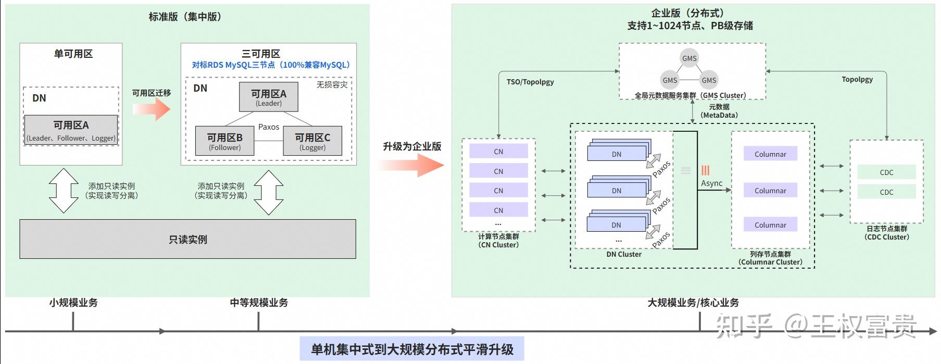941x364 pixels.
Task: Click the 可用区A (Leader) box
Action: click(x=269, y=97)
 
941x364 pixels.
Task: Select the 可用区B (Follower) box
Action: click(x=224, y=141)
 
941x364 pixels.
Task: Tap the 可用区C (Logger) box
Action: click(x=312, y=141)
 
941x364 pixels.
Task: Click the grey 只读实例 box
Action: click(x=187, y=240)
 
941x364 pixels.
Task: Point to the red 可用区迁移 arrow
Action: click(x=152, y=109)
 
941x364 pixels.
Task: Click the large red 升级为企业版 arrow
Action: click(x=411, y=166)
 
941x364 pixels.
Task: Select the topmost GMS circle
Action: click(x=689, y=58)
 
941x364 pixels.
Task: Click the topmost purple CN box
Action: click(x=498, y=152)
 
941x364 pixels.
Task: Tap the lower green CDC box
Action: click(x=886, y=192)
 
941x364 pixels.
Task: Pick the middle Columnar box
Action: click(x=770, y=191)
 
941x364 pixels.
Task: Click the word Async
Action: click(x=711, y=183)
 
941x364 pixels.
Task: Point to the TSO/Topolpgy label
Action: click(x=530, y=82)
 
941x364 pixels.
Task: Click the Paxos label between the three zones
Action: click(x=269, y=127)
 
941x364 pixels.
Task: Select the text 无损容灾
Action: click(x=332, y=85)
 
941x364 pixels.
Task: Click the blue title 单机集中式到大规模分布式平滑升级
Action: click(x=412, y=349)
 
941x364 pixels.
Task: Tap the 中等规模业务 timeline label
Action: click(x=259, y=303)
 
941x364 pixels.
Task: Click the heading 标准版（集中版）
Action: click(x=185, y=17)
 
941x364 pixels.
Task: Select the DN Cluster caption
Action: click(x=624, y=254)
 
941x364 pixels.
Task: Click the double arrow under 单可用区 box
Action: click(x=64, y=191)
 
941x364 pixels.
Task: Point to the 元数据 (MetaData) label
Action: click(x=719, y=111)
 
